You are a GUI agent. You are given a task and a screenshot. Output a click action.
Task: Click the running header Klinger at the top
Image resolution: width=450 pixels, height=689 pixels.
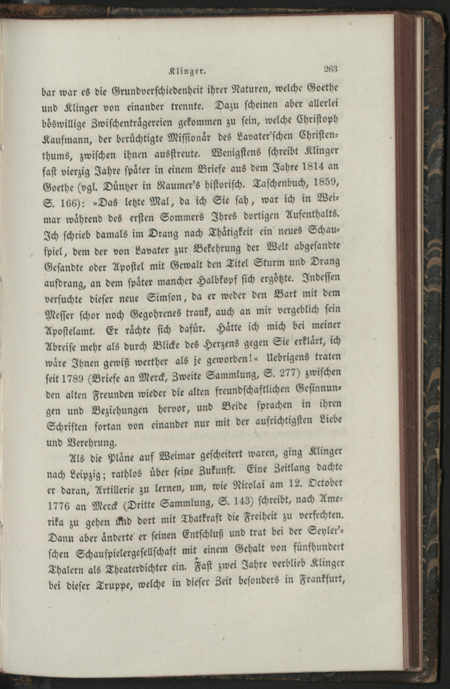click(x=187, y=71)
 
